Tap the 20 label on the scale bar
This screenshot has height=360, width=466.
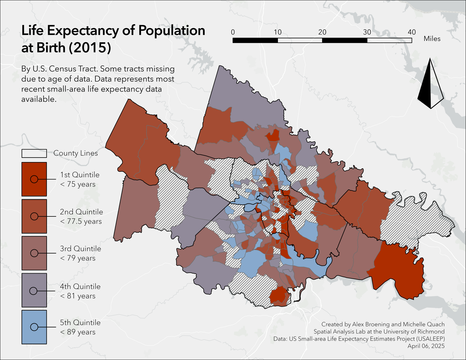point(322,32)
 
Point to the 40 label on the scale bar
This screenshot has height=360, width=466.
point(411,32)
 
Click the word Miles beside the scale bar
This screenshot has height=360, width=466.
point(432,39)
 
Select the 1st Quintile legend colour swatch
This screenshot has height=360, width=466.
point(34,179)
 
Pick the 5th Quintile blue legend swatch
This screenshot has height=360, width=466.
point(34,327)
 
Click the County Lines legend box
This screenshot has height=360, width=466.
point(34,153)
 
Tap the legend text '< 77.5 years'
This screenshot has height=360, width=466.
point(81,221)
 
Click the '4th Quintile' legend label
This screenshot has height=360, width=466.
point(80,286)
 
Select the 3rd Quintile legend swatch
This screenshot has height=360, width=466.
point(34,253)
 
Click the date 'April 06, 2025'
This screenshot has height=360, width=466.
point(426,346)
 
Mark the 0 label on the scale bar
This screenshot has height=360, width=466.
point(233,32)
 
